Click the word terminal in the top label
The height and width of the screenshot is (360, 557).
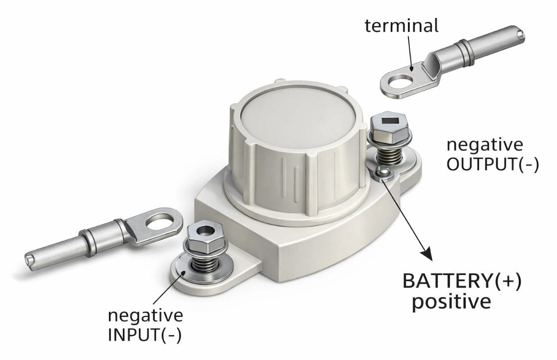(x=401, y=26)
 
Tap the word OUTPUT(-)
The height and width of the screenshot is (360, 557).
(x=493, y=164)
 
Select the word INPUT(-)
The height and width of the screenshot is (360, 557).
(x=145, y=335)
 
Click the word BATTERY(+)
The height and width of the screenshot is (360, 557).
(x=462, y=281)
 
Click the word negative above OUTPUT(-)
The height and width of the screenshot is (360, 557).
(x=485, y=145)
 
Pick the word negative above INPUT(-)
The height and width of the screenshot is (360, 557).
(x=145, y=316)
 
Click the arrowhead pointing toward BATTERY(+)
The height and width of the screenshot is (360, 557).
(x=427, y=254)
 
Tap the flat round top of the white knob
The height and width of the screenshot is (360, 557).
(x=299, y=121)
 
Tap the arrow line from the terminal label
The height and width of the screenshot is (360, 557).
(x=410, y=54)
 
